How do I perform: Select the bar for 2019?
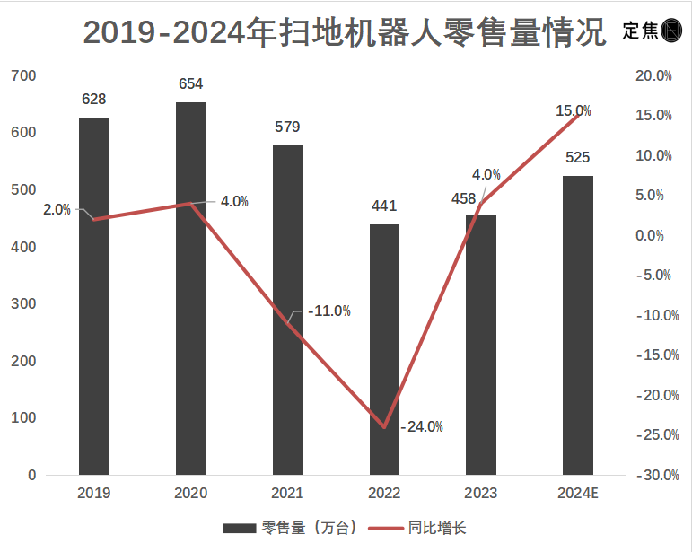(x=94, y=296)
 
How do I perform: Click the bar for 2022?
(x=384, y=350)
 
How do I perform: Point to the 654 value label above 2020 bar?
(x=190, y=84)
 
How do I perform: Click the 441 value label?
(x=384, y=206)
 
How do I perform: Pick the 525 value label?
(x=577, y=158)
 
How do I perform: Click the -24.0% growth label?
(x=422, y=426)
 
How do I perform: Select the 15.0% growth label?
(x=573, y=111)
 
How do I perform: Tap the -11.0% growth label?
(x=328, y=311)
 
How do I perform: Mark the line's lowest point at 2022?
(x=384, y=426)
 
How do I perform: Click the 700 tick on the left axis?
(x=24, y=76)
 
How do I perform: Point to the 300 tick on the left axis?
(x=24, y=304)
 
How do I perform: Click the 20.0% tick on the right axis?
(x=653, y=76)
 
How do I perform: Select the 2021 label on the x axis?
(x=287, y=493)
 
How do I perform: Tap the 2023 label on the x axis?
(x=480, y=493)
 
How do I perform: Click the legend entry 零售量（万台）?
(x=292, y=528)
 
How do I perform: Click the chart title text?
(x=345, y=31)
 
